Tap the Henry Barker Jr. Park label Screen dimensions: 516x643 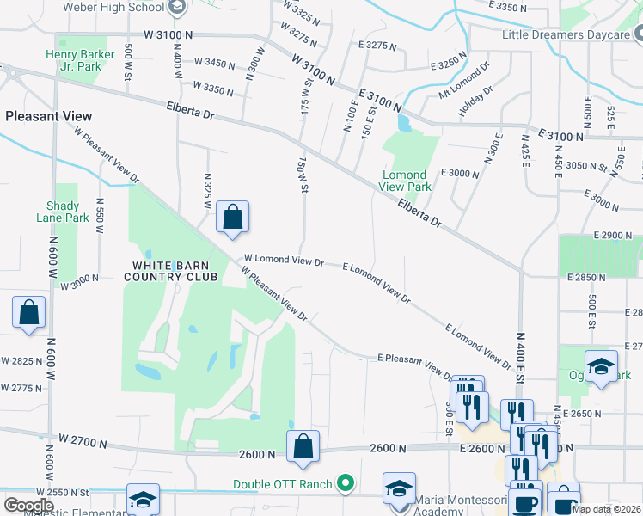(x=79, y=60)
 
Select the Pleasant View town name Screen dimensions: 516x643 (x=49, y=116)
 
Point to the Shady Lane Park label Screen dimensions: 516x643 (x=64, y=212)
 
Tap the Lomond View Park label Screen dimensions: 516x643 (x=407, y=181)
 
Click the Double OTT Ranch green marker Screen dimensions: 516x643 (x=346, y=484)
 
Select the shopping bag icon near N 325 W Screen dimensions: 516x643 (x=232, y=218)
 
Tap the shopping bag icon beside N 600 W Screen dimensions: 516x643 (x=29, y=314)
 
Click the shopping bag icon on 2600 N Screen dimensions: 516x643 (x=303, y=447)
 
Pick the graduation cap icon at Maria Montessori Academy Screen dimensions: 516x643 (x=399, y=489)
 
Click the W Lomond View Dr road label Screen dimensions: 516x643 (x=284, y=259)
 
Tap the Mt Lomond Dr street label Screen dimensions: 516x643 (x=464, y=79)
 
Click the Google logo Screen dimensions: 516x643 (x=28, y=506)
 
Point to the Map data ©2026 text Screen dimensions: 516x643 (x=605, y=509)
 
